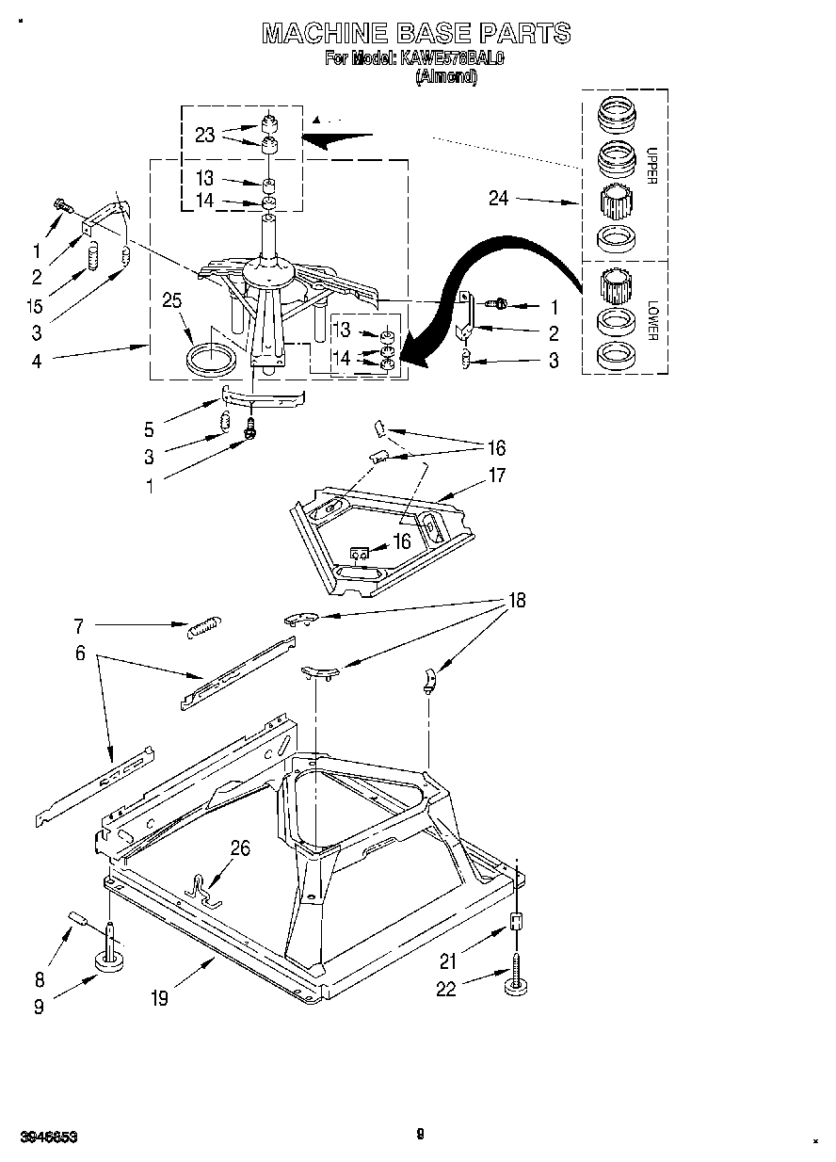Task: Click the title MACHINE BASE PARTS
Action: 415,33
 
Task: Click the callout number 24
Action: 499,198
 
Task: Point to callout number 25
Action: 172,301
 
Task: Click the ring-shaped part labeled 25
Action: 212,359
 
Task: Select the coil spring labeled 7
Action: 203,626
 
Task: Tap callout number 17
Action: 496,476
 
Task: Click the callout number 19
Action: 160,998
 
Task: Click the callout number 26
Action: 240,848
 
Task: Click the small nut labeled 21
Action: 516,922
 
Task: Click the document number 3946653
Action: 44,1137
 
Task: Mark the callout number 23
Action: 205,135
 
